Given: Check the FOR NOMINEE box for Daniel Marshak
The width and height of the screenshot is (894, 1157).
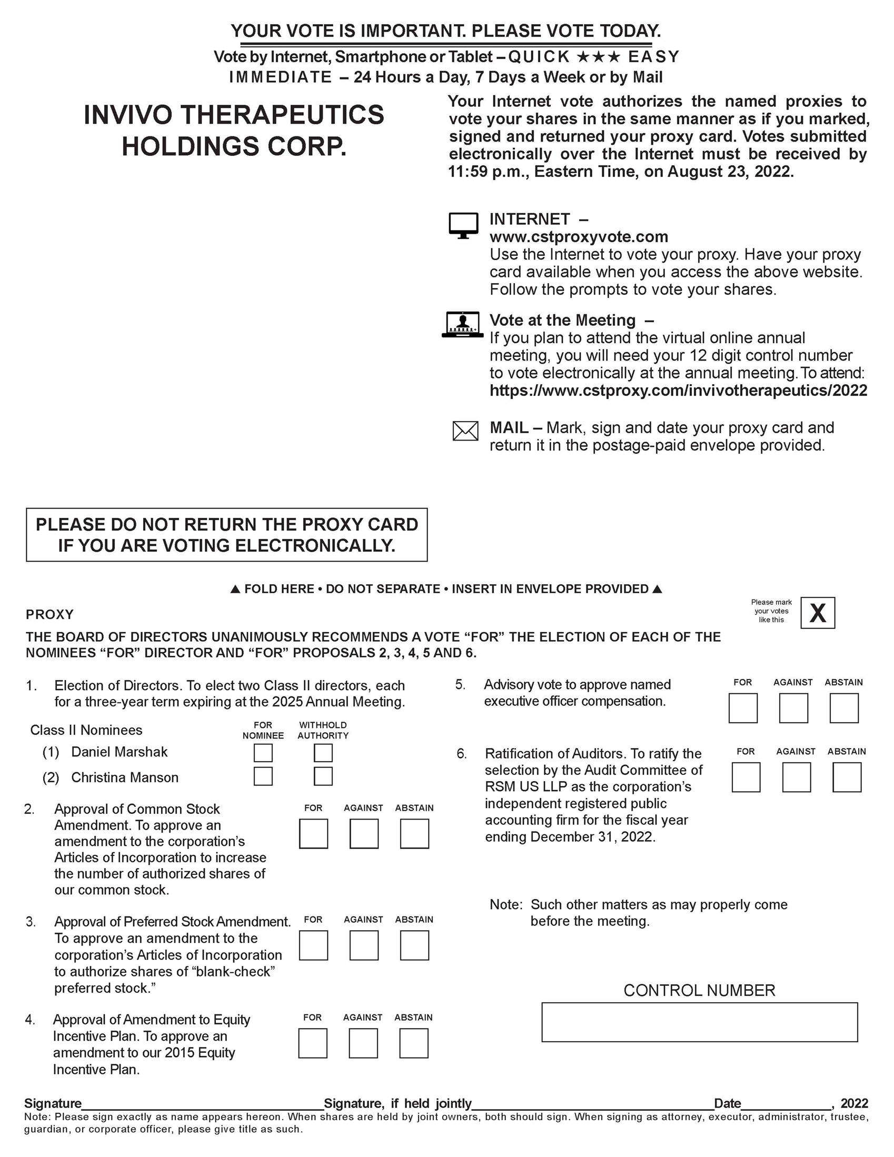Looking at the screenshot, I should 263,753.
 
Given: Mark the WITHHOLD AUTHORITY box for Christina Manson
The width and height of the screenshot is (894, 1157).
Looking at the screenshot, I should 323,776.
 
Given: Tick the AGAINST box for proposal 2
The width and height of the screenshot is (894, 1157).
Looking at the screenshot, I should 363,834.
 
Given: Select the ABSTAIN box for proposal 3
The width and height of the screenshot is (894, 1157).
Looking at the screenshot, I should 414,945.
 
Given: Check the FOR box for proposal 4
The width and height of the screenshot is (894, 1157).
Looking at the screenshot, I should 313,1043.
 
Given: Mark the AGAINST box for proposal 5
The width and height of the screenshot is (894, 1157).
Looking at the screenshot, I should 793,709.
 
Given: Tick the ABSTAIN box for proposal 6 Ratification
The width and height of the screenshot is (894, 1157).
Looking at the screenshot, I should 846,777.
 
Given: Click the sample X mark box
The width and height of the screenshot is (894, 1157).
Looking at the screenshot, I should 817,613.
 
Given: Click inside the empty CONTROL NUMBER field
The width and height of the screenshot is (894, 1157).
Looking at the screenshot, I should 699,1022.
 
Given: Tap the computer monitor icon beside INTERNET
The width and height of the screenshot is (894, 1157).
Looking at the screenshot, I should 463,226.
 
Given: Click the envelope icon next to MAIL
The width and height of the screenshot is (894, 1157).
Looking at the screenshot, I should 465,431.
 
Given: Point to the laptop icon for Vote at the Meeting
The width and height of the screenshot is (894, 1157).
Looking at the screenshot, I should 463,324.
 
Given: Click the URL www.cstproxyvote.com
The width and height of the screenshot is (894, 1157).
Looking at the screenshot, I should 578,237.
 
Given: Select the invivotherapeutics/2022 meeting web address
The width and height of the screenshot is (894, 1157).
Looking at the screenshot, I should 678,391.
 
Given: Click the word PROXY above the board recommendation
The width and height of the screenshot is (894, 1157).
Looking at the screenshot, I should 50,614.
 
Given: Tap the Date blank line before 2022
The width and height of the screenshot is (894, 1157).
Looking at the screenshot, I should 786,1104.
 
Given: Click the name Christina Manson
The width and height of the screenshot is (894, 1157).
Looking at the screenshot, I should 125,777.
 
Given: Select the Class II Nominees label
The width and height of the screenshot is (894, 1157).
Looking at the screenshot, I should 86,730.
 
